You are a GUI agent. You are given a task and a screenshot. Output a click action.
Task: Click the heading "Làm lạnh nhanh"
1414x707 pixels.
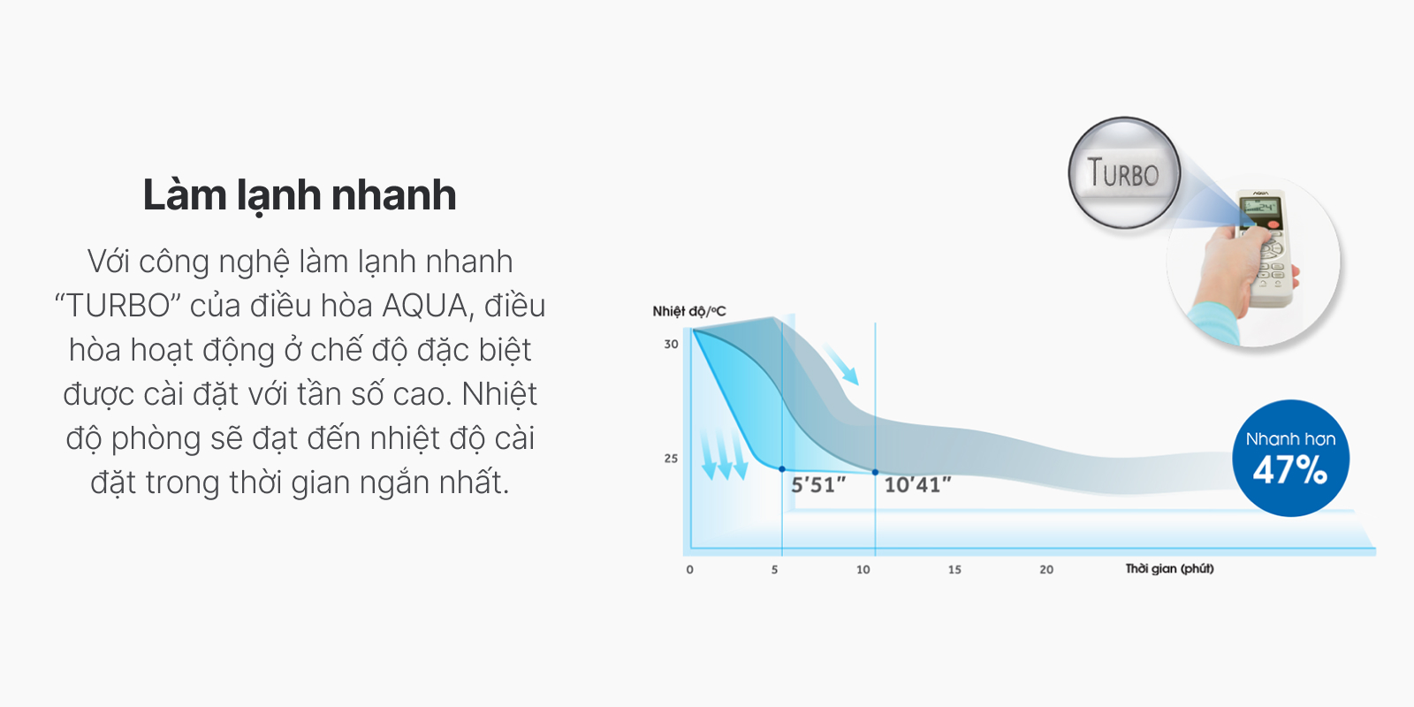pyautogui.click(x=300, y=195)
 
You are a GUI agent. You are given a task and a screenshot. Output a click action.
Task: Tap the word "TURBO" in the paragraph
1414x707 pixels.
pyautogui.click(x=118, y=306)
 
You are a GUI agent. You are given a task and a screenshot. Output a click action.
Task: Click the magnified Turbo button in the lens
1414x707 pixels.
pyautogui.click(x=1123, y=173)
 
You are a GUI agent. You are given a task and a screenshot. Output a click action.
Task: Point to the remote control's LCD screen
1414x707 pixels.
pyautogui.click(x=1259, y=207)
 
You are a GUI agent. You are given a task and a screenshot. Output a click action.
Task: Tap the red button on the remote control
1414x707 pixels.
pyautogui.click(x=1273, y=224)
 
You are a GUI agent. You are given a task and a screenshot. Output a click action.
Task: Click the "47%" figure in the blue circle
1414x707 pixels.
pyautogui.click(x=1290, y=471)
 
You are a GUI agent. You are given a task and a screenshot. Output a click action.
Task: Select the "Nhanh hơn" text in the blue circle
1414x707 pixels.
pyautogui.click(x=1290, y=438)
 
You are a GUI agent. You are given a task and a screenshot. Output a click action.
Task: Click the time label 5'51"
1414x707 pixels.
pyautogui.click(x=818, y=485)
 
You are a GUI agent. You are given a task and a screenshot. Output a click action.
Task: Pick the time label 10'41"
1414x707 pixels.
pyautogui.click(x=917, y=485)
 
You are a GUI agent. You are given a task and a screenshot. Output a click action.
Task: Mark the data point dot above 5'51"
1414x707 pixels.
pyautogui.click(x=782, y=469)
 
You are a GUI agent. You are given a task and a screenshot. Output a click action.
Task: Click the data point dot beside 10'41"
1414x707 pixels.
pyautogui.click(x=875, y=472)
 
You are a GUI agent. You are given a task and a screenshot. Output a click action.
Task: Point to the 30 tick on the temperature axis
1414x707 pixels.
pyautogui.click(x=671, y=345)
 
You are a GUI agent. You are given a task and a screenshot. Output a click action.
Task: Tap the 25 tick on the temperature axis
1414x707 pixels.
pyautogui.click(x=671, y=459)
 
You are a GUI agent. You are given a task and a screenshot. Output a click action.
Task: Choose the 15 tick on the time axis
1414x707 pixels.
pyautogui.click(x=954, y=569)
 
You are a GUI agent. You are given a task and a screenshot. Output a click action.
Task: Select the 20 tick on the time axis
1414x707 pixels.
pyautogui.click(x=1046, y=569)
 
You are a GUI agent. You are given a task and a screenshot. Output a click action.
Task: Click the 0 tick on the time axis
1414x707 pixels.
pyautogui.click(x=690, y=569)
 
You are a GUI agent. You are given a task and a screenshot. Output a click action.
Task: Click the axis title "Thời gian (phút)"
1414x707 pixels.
pyautogui.click(x=1170, y=569)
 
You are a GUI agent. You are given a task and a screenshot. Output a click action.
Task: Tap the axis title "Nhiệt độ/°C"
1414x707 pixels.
pyautogui.click(x=689, y=311)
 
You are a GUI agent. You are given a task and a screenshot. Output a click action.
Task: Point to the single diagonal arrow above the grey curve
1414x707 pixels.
pyautogui.click(x=840, y=364)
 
